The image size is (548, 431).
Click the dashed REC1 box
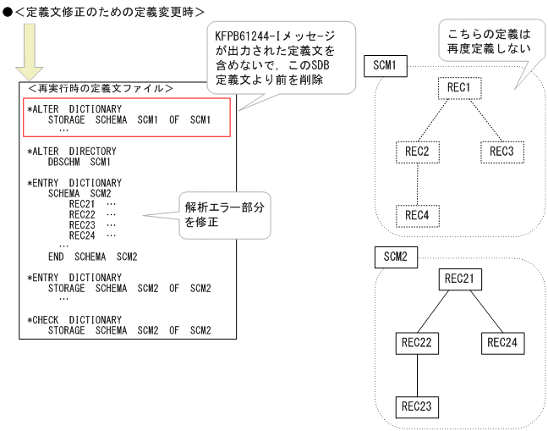pyautogui.click(x=460, y=87)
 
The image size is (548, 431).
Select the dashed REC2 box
pyautogui.click(x=417, y=152)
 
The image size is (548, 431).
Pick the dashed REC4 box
pyautogui.click(x=417, y=216)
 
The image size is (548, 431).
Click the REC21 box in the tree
pyautogui.click(x=460, y=279)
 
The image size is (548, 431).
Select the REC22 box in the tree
pyautogui.click(x=417, y=343)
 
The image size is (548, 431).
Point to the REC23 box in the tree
pyautogui.click(x=417, y=407)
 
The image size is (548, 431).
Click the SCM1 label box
pyautogui.click(x=385, y=65)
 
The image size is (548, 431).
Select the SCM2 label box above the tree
pyautogui.click(x=395, y=257)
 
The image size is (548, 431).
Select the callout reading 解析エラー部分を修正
pyautogui.click(x=223, y=215)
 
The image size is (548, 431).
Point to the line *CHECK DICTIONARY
pyautogui.click(x=74, y=320)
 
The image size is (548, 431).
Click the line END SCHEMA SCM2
pyautogui.click(x=92, y=257)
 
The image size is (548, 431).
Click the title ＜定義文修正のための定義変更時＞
pyautogui.click(x=109, y=11)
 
